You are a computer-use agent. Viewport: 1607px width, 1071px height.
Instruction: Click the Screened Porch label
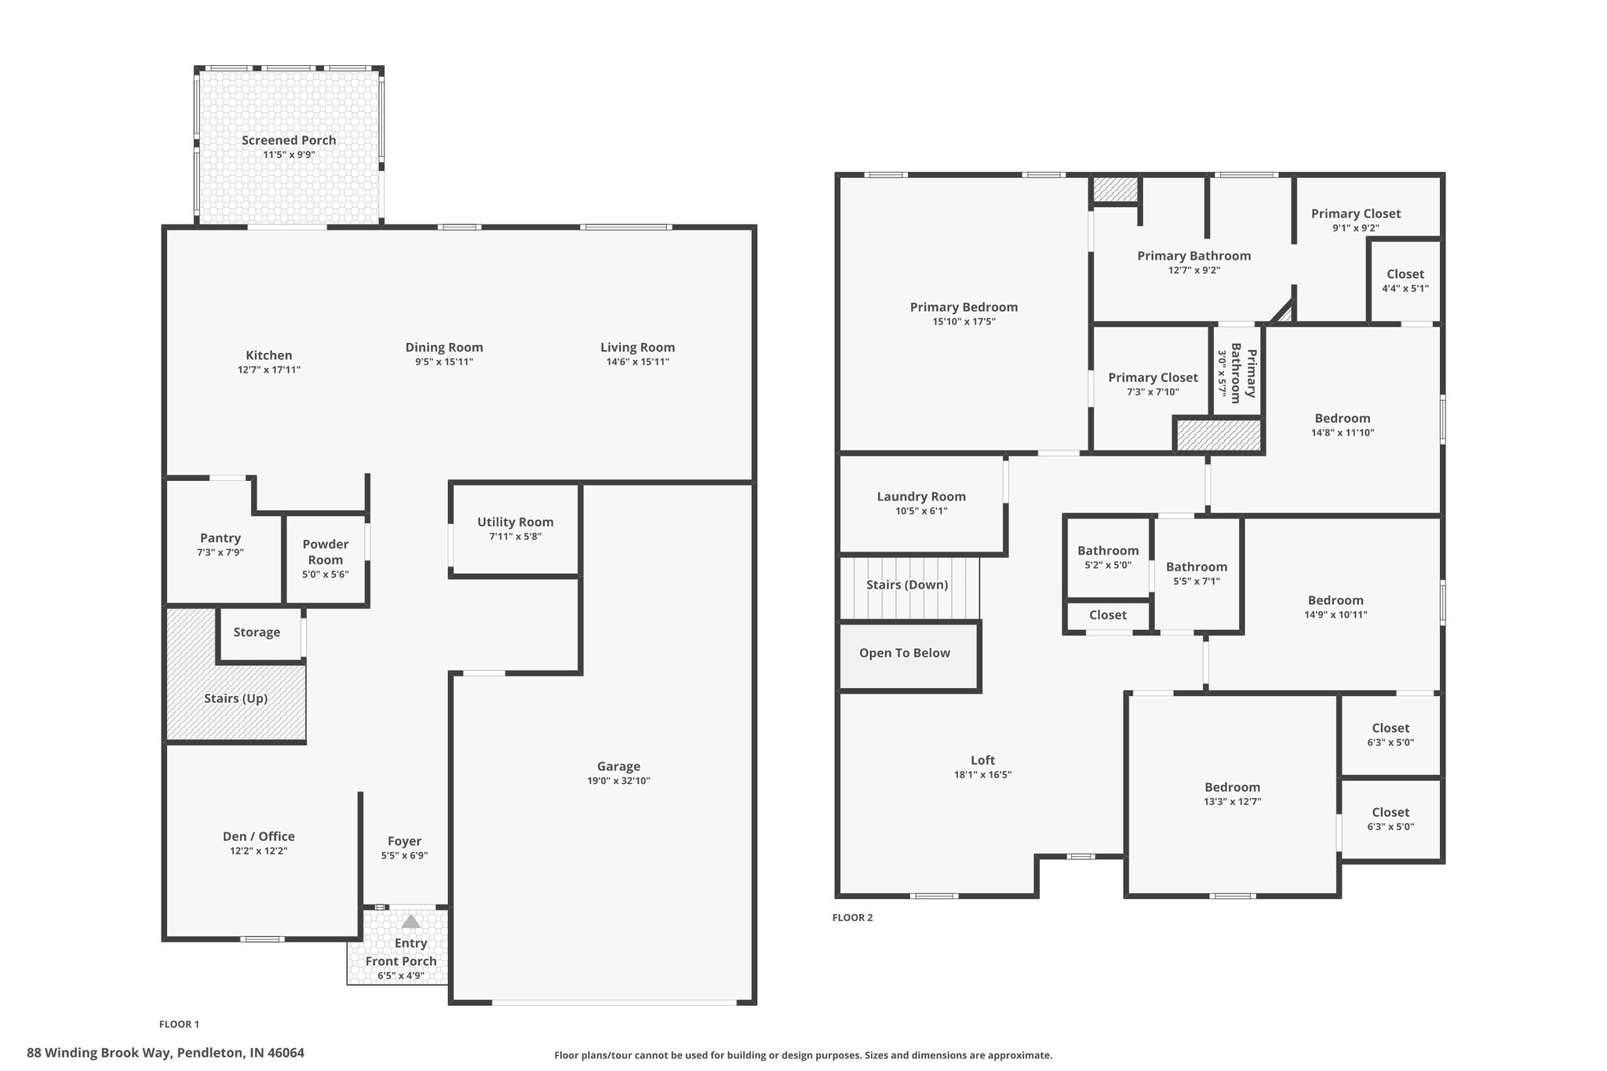(289, 140)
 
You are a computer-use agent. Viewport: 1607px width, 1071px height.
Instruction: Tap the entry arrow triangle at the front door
(411, 921)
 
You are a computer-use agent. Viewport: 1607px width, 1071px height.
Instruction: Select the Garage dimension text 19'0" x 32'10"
(618, 781)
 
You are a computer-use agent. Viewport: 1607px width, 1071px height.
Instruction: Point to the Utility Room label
(516, 522)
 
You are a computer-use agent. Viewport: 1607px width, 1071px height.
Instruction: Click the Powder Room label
(326, 552)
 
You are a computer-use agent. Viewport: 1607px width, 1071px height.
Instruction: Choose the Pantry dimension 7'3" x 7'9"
(220, 552)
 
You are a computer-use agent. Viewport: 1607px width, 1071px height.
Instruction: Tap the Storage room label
(257, 632)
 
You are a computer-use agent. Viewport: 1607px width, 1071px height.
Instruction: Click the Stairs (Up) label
(236, 698)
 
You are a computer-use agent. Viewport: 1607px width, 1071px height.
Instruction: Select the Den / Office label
(259, 836)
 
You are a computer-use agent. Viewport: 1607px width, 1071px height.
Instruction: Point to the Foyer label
(404, 841)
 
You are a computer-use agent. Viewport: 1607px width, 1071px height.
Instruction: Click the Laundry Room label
(921, 497)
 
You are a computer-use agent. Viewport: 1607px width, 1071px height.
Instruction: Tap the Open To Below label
(905, 653)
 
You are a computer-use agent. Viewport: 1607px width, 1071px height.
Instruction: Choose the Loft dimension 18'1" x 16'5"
(982, 774)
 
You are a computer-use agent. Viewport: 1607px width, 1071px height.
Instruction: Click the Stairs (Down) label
(907, 585)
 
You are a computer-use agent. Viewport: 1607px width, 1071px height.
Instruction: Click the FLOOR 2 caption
(852, 917)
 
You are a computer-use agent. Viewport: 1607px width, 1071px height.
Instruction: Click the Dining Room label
(444, 348)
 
